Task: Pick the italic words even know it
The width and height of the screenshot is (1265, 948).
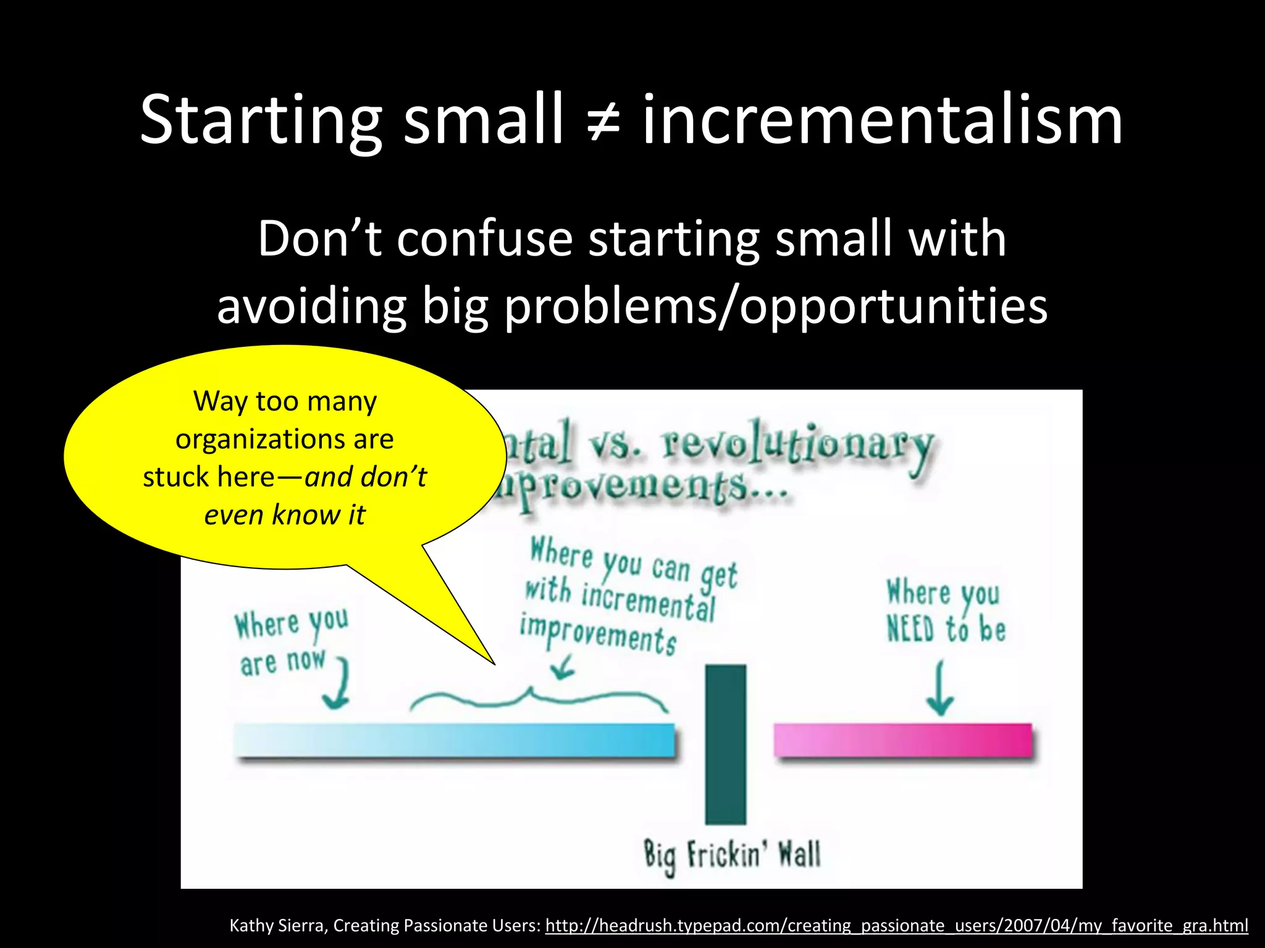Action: pyautogui.click(x=285, y=515)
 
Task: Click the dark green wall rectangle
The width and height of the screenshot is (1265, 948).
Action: pyautogui.click(x=725, y=743)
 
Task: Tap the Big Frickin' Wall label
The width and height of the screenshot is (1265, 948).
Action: pyautogui.click(x=732, y=855)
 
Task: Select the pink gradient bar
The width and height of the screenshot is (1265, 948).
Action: pyautogui.click(x=902, y=739)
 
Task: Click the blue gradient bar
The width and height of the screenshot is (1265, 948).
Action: pyautogui.click(x=454, y=739)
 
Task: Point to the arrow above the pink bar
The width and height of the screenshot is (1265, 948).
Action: pyautogui.click(x=939, y=689)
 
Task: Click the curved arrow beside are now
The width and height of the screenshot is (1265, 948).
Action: pyautogui.click(x=338, y=684)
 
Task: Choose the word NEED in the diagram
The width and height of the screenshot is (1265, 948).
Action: pyautogui.click(x=910, y=630)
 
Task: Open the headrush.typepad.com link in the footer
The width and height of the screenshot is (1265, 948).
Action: pyautogui.click(x=896, y=925)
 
